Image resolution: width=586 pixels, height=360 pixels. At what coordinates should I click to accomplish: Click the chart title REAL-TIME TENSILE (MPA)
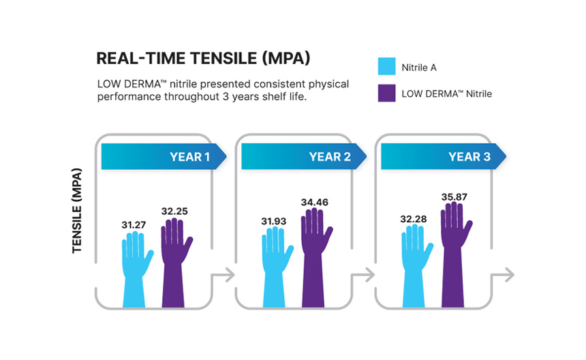pyautogui.click(x=204, y=59)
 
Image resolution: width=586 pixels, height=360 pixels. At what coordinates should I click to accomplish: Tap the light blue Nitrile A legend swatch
pyautogui.click(x=386, y=67)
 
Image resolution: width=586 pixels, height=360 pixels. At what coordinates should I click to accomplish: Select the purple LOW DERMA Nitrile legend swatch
pyautogui.click(x=386, y=93)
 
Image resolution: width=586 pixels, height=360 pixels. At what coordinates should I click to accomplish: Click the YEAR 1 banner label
pyautogui.click(x=189, y=157)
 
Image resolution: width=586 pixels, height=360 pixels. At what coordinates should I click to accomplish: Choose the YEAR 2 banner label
pyautogui.click(x=330, y=157)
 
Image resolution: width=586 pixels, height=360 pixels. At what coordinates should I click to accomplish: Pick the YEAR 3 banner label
pyautogui.click(x=469, y=157)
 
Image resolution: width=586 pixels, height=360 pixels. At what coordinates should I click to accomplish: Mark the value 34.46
pyautogui.click(x=315, y=202)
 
